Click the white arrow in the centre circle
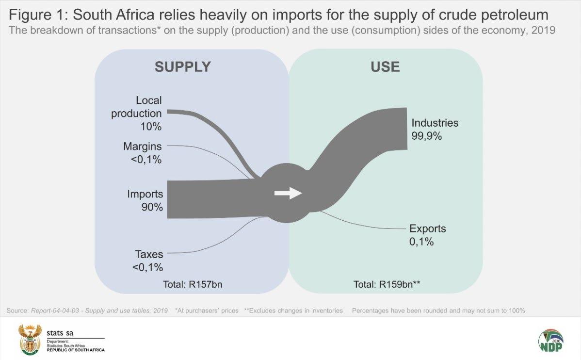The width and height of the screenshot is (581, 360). pos(288,193)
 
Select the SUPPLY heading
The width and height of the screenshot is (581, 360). pos(183,66)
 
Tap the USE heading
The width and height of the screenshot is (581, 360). pos(385,66)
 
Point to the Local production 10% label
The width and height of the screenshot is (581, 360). pos(137,114)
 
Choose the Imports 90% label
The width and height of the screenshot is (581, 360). pos(145,200)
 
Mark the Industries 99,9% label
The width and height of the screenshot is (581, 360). pos(435,129)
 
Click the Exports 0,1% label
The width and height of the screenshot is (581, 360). pos(427,235)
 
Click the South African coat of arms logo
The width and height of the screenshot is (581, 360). pos(30,340)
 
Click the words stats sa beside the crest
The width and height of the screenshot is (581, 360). pos(61,333)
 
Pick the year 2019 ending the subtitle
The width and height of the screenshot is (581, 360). pos(545,30)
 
